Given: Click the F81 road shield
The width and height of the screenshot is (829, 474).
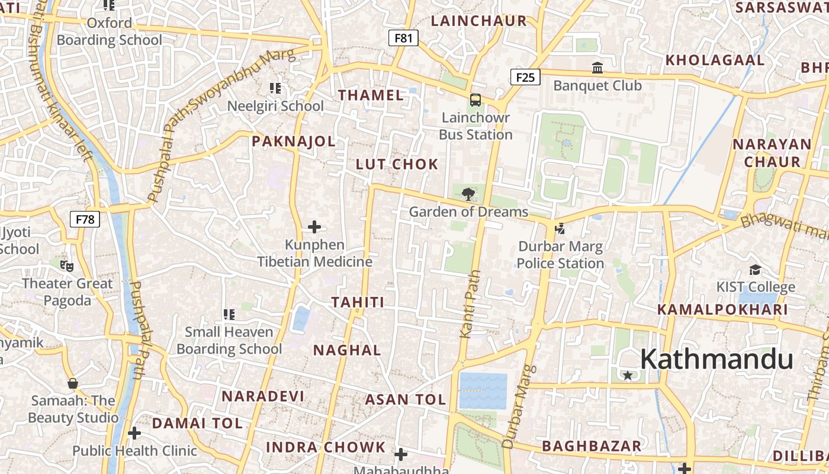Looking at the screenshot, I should (x=403, y=39).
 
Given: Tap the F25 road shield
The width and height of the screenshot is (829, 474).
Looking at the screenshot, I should (x=525, y=76).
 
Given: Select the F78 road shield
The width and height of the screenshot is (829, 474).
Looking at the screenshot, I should (x=85, y=219).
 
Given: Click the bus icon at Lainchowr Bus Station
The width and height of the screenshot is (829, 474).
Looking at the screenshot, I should (x=475, y=100).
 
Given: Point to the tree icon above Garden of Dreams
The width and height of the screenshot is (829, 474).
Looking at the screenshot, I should (x=468, y=193).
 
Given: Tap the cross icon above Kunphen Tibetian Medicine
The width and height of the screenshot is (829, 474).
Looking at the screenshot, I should (x=314, y=227).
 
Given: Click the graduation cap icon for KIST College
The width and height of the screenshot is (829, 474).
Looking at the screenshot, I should (x=755, y=270).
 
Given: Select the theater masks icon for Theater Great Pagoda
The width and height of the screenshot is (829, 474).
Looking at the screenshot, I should (x=66, y=266).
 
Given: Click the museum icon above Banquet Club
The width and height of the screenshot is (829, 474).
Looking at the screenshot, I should (x=597, y=68).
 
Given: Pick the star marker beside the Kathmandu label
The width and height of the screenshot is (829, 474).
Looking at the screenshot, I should (x=628, y=375).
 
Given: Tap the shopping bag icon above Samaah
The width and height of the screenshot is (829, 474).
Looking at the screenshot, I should (x=73, y=383).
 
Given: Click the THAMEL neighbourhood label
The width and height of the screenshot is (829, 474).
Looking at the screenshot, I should (x=371, y=95).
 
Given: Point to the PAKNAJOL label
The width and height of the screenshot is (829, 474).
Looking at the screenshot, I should (x=294, y=142).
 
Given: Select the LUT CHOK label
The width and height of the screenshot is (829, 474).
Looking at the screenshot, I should (x=397, y=165).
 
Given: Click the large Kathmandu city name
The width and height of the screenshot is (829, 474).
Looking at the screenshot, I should (x=716, y=360).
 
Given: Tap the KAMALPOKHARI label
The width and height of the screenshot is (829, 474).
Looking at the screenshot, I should (x=722, y=309).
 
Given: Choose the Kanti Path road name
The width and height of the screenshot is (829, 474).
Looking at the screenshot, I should (x=470, y=305).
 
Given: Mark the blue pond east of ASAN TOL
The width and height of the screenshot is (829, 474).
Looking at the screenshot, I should (x=483, y=391).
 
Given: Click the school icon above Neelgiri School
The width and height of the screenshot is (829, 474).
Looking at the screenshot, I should (x=275, y=88).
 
